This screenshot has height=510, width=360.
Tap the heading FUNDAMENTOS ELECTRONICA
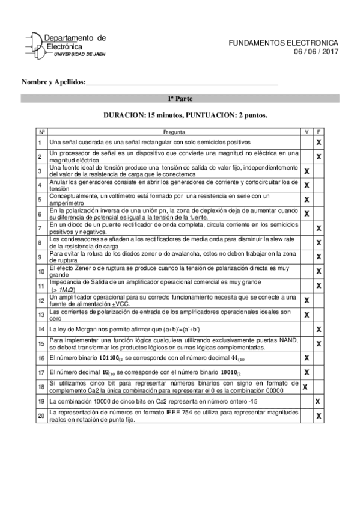(x=284, y=43)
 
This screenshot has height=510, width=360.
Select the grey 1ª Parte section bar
(x=180, y=99)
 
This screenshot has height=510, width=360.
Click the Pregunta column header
(x=174, y=132)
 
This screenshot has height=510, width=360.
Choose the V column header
(x=307, y=132)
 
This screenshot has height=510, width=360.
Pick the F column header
(x=319, y=132)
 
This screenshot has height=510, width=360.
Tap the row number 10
(x=40, y=271)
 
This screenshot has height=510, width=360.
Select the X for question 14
(x=319, y=329)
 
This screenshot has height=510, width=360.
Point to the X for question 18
(x=305, y=387)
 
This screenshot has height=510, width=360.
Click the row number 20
(x=40, y=416)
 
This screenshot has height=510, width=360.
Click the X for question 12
(x=307, y=300)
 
